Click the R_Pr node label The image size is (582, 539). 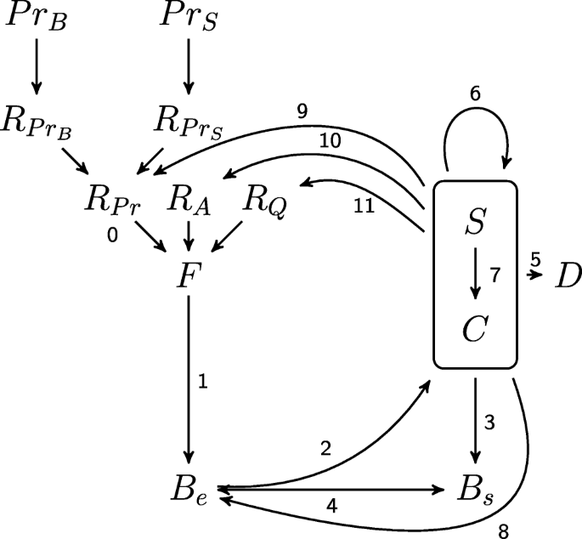click(x=113, y=201)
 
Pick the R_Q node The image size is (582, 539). click(x=263, y=201)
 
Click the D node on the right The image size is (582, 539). click(x=568, y=275)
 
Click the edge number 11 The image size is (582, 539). click(x=363, y=206)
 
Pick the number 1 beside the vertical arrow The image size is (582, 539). click(x=202, y=382)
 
